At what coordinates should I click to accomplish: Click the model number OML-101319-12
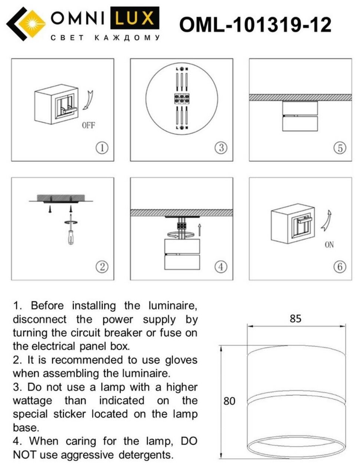(x=255, y=25)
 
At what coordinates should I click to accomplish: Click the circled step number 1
(x=102, y=148)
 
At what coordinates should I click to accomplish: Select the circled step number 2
(x=102, y=266)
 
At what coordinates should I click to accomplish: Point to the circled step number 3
(x=221, y=148)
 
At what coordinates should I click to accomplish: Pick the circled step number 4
(x=221, y=266)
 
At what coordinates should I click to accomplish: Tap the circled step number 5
(x=340, y=148)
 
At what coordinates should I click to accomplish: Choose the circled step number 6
(x=340, y=266)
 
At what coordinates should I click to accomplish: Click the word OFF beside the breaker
(x=89, y=125)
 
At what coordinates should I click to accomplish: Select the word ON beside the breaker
(x=329, y=245)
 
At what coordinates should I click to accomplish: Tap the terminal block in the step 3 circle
(x=181, y=99)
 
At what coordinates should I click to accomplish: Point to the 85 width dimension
(x=296, y=318)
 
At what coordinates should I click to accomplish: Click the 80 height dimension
(x=229, y=401)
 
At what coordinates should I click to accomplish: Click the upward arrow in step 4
(x=199, y=230)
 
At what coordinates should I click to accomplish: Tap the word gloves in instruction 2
(x=181, y=360)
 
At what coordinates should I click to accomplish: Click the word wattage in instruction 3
(x=33, y=401)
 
